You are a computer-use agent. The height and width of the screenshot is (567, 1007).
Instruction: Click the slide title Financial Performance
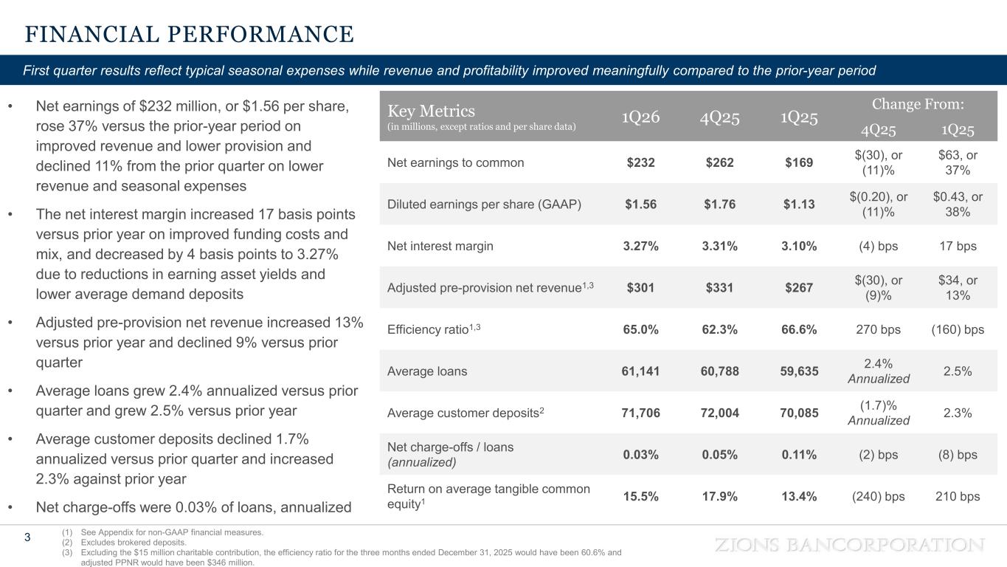click(190, 35)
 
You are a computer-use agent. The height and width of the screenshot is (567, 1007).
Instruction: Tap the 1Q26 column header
click(640, 117)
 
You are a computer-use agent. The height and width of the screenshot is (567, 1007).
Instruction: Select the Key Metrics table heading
click(431, 111)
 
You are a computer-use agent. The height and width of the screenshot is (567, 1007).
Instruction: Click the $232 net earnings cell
click(640, 162)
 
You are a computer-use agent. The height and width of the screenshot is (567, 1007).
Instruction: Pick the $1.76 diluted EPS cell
click(720, 205)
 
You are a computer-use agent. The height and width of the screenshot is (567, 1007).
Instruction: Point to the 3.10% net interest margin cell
click(799, 246)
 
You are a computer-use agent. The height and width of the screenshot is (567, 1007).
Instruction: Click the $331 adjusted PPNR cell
click(720, 287)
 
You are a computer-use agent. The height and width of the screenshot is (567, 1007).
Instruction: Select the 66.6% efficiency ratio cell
click(799, 329)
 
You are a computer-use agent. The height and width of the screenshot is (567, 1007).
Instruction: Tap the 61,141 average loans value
click(640, 371)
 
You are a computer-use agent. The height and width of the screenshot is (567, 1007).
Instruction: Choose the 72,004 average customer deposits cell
click(720, 413)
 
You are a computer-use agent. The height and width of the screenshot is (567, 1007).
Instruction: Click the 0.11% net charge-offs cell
click(799, 455)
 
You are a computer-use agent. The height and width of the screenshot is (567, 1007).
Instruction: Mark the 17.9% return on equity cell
click(720, 496)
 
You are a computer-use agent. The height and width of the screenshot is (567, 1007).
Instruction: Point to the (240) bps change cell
click(879, 496)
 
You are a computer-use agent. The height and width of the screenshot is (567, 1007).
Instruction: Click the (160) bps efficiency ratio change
click(958, 329)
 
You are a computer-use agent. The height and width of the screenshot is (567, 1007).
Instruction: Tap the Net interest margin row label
click(440, 246)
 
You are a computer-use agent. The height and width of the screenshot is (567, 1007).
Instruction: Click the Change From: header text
click(918, 104)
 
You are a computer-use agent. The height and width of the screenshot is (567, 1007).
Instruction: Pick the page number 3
click(27, 537)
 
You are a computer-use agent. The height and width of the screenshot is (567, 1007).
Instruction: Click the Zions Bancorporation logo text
click(850, 545)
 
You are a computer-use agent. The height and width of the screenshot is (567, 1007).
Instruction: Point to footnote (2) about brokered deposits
click(124, 542)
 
